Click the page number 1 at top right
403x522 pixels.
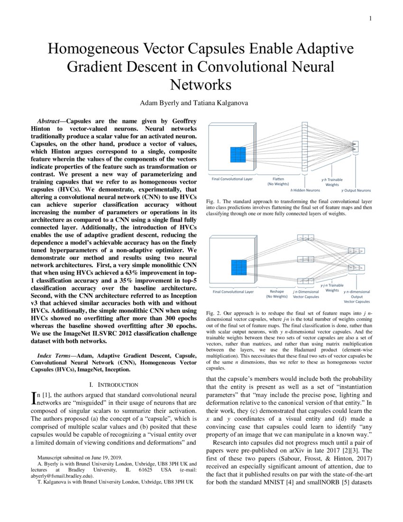(x=370, y=19)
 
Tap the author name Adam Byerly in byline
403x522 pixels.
(x=159, y=103)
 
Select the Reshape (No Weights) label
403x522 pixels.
(x=279, y=294)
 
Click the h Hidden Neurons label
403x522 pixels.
(x=304, y=190)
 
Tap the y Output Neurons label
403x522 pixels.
(x=356, y=190)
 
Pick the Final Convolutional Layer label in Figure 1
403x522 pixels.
(x=232, y=179)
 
